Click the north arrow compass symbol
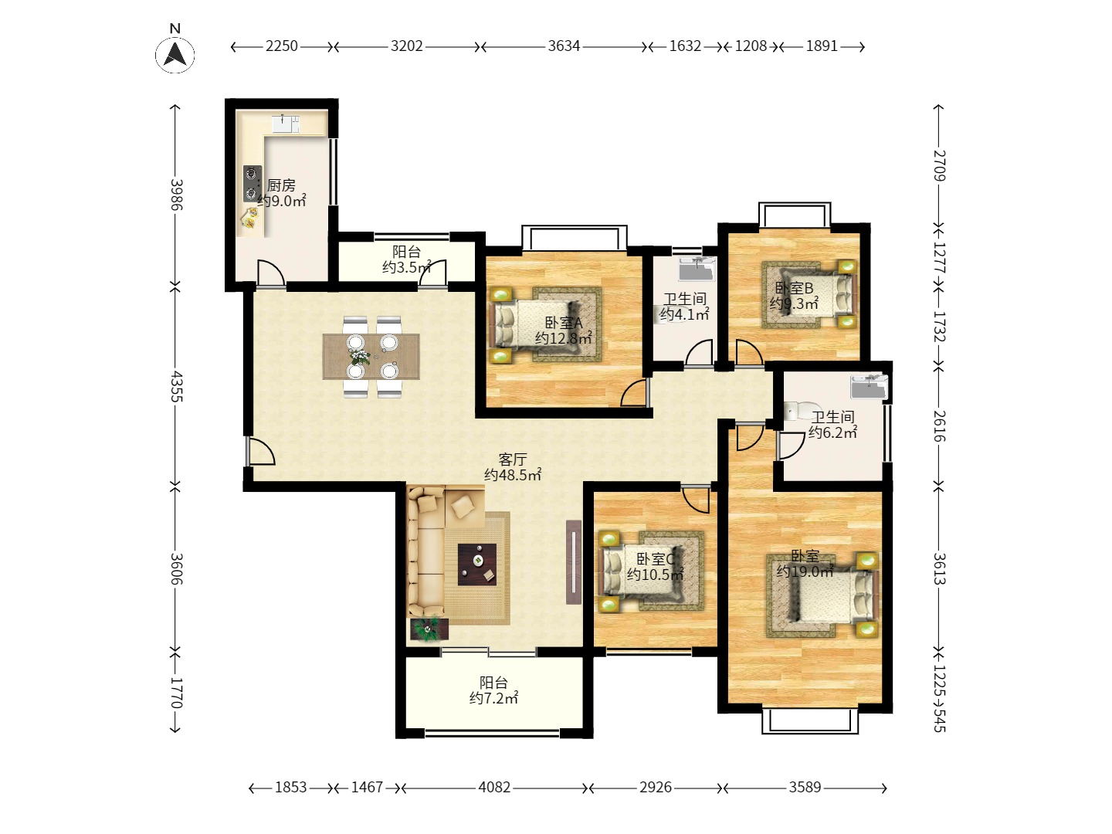(175, 54)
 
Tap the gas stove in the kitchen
(252, 183)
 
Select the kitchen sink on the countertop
(285, 124)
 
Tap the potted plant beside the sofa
(429, 629)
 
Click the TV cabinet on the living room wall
(573, 562)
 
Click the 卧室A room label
(563, 323)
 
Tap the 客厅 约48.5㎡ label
(512, 467)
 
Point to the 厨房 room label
(281, 185)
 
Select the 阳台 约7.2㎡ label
(493, 690)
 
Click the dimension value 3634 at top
(564, 46)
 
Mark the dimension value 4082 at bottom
(494, 787)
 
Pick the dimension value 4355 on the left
(176, 386)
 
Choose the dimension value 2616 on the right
(938, 425)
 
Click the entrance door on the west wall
(260, 452)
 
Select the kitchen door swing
(270, 273)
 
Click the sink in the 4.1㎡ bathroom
(697, 269)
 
